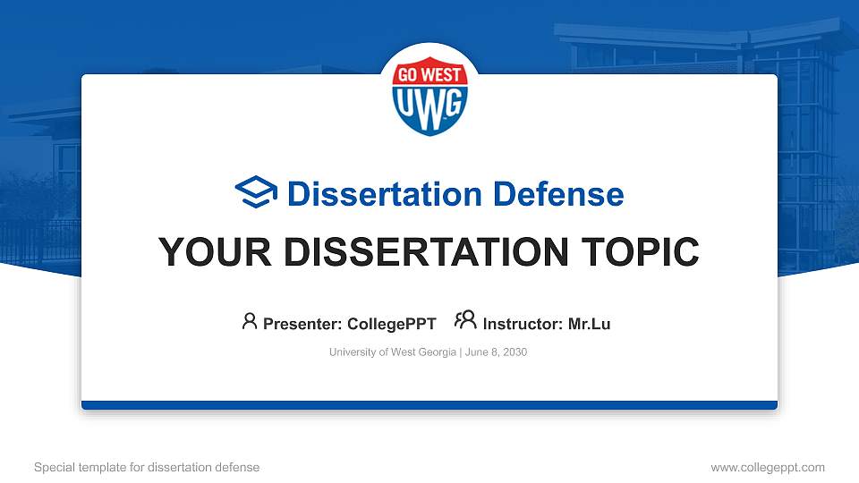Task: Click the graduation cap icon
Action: (x=257, y=193)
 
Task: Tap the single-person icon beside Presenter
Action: (x=250, y=321)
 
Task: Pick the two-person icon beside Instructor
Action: (x=465, y=320)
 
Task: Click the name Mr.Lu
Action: (x=590, y=324)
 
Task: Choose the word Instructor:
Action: (x=523, y=324)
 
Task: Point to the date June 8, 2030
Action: (x=496, y=352)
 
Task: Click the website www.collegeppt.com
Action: (x=767, y=467)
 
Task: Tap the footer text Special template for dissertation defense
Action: (x=147, y=467)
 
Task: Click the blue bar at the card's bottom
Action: (x=429, y=405)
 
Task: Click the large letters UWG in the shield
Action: (x=429, y=104)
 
